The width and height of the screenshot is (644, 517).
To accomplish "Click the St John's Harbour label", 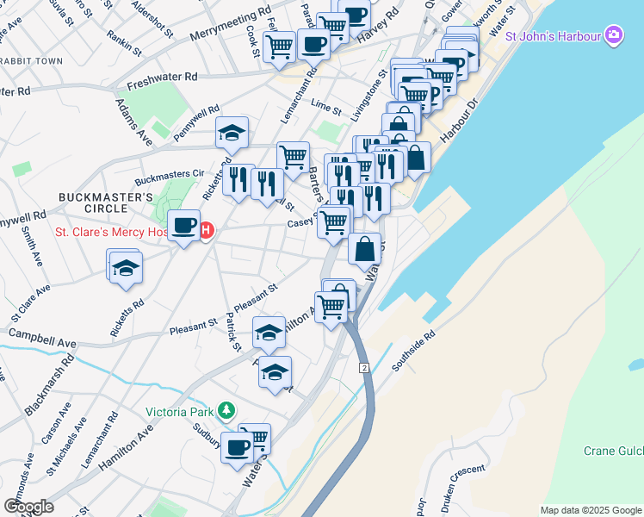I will click(x=554, y=36).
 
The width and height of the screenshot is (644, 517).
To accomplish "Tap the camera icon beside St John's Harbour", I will click(x=614, y=35).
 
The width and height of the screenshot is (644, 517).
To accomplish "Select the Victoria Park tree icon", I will click(x=226, y=410).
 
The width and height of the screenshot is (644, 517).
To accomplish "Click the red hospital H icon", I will click(x=207, y=231).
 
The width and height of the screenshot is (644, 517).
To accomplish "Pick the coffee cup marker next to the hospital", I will click(x=183, y=226).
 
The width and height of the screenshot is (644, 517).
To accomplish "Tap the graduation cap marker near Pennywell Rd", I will click(x=232, y=133).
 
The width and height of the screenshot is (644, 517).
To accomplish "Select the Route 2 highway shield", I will click(x=364, y=368).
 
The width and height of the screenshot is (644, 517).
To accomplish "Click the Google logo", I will click(x=28, y=507).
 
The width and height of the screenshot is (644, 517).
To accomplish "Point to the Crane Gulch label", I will click(x=613, y=451).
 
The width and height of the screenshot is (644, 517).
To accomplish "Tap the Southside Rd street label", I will click(x=415, y=346).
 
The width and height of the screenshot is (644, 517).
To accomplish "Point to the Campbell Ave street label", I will click(x=42, y=337).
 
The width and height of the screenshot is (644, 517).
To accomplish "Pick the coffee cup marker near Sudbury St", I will click(x=237, y=447).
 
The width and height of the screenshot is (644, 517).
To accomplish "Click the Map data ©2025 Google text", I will click(x=590, y=510).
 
